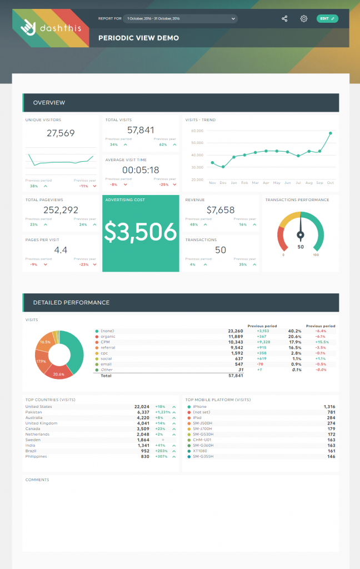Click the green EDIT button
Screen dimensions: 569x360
tap(327, 18)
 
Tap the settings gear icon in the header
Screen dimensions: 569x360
tap(304, 18)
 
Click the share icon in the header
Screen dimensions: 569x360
tap(284, 18)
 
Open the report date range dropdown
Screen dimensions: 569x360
tap(181, 18)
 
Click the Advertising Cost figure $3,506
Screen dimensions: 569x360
tap(141, 233)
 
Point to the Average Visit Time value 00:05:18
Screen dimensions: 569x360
tap(141, 170)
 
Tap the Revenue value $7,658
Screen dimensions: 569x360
tap(221, 210)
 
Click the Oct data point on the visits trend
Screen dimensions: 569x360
tap(331, 133)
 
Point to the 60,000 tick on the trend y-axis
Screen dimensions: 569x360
tap(197, 131)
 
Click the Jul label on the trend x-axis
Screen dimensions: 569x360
tap(298, 182)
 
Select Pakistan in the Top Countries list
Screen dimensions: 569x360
tap(34, 412)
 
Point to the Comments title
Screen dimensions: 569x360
tap(37, 480)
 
